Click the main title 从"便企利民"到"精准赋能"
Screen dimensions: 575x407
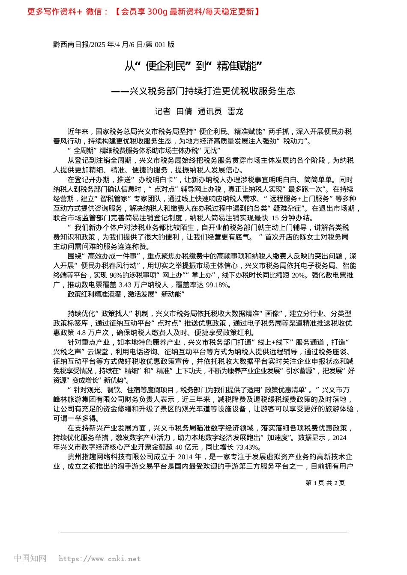pyautogui.click(x=193, y=66)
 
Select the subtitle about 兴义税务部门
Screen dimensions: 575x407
pyautogui.click(x=203, y=91)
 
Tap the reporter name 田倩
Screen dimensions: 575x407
pyautogui.click(x=184, y=111)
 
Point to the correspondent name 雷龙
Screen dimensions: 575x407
pyautogui.click(x=235, y=111)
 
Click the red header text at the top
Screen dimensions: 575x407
pyautogui.click(x=144, y=12)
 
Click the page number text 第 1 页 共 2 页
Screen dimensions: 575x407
pyautogui.click(x=325, y=483)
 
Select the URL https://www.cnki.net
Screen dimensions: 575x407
pyautogui.click(x=99, y=559)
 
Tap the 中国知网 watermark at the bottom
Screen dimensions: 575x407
pyautogui.click(x=30, y=558)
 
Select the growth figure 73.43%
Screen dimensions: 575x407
pyautogui.click(x=248, y=447)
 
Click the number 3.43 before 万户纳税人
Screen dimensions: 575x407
pyautogui.click(x=125, y=285)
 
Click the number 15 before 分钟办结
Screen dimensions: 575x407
pyautogui.click(x=275, y=218)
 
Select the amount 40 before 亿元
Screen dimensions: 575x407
pyautogui.click(x=179, y=447)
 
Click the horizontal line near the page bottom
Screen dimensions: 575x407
pyautogui.click(x=203, y=533)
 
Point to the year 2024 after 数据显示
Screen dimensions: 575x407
pyautogui.click(x=339, y=438)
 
